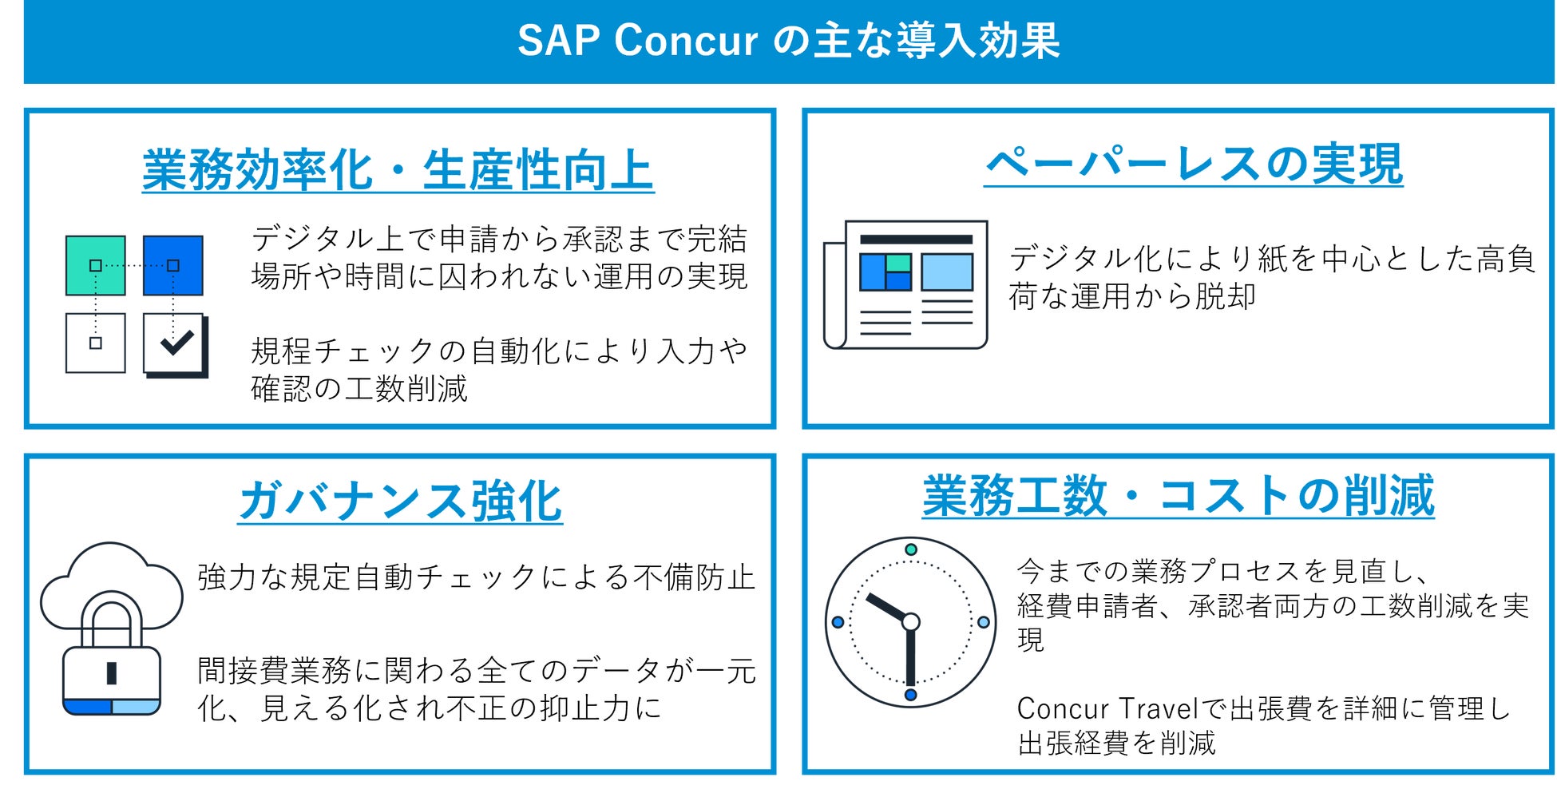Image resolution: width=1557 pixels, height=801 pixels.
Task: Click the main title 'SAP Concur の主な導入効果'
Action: [x=788, y=40]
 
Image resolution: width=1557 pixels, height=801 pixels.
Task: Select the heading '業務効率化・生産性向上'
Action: [x=398, y=169]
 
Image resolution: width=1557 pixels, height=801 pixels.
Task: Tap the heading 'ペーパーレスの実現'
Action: [x=1194, y=164]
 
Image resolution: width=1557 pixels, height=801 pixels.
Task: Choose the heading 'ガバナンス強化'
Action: [x=400, y=501]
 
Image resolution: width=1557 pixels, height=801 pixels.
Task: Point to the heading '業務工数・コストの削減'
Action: [x=1178, y=495]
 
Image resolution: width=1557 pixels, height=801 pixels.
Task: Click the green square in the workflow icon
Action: [x=95, y=265]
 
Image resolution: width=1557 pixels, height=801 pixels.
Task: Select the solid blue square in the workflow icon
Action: [x=173, y=265]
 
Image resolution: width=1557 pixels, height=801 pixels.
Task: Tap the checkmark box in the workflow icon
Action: [x=176, y=344]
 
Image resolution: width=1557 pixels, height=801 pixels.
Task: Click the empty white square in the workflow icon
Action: [x=95, y=343]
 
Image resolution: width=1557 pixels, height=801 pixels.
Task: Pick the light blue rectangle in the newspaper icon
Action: [x=947, y=272]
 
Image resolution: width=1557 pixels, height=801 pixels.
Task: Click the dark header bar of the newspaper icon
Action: [x=916, y=240]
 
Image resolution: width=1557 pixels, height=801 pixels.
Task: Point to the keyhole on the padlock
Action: [x=112, y=673]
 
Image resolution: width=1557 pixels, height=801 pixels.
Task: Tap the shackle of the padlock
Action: [x=112, y=607]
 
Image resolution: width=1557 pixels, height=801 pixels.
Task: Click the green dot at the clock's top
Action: [x=910, y=549]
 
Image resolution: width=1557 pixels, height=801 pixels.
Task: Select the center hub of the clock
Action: [x=910, y=621]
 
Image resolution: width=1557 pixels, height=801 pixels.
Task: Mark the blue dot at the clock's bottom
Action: [x=910, y=694]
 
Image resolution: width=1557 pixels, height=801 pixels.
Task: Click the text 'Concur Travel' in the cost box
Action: [x=1107, y=708]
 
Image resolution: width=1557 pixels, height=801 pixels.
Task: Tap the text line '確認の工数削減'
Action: [x=359, y=388]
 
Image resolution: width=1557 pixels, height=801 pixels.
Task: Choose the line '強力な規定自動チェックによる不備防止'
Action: [x=476, y=577]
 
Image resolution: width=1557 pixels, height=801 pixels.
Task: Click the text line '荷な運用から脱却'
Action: [x=1132, y=296]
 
